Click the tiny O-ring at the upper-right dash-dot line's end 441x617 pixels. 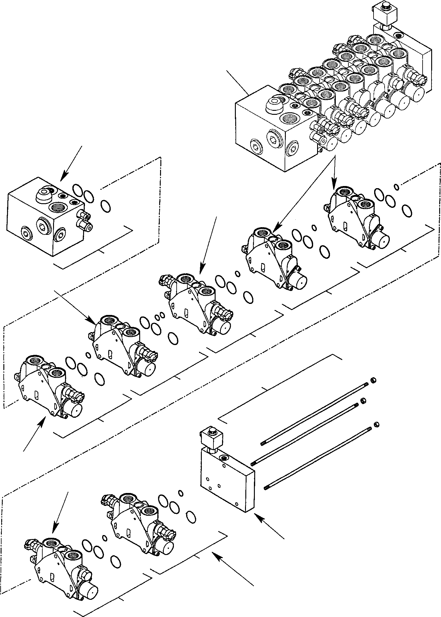[x=396, y=186]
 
